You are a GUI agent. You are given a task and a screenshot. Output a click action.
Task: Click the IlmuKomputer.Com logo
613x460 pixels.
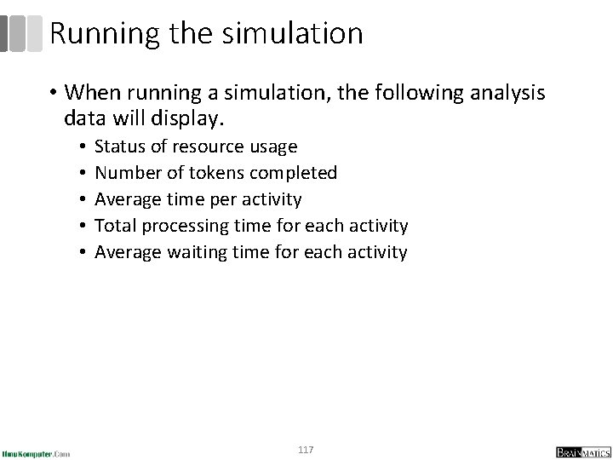pos(37,451)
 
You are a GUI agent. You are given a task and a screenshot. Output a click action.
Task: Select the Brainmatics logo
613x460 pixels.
pos(578,451)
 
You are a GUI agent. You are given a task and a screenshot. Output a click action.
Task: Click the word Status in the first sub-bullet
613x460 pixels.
pos(118,147)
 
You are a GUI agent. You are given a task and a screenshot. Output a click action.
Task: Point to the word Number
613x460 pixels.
pos(124,173)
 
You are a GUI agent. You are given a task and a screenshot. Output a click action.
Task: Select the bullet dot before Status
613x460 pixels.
pos(79,147)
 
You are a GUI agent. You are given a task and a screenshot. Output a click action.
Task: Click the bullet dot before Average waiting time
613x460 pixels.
pos(79,253)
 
